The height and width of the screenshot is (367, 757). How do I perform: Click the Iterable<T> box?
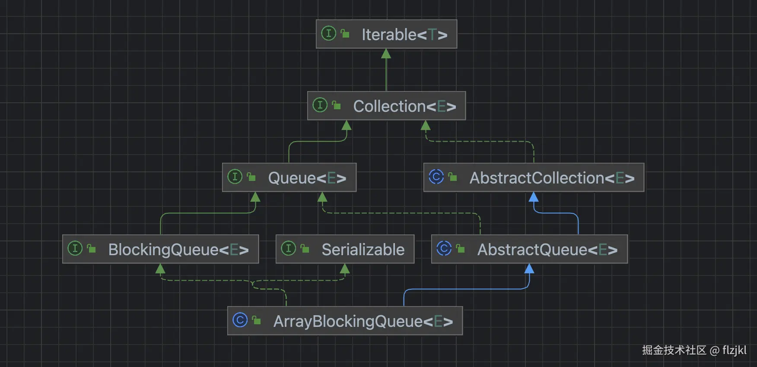pyautogui.click(x=386, y=34)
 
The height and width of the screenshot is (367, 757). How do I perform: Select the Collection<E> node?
pyautogui.click(x=386, y=106)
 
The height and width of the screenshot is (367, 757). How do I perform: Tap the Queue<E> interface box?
pyautogui.click(x=289, y=177)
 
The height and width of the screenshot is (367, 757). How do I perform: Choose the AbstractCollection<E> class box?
pyautogui.click(x=534, y=177)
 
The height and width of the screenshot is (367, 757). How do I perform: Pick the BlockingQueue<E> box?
pyautogui.click(x=160, y=249)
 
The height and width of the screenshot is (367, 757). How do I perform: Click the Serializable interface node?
pyautogui.click(x=345, y=249)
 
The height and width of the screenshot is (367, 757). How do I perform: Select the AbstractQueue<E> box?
pyautogui.click(x=529, y=249)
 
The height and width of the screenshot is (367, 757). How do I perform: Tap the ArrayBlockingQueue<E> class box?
pyautogui.click(x=345, y=321)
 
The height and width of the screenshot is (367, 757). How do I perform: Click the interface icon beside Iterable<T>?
pyautogui.click(x=328, y=33)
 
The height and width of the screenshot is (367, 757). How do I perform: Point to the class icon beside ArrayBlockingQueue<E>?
pyautogui.click(x=240, y=320)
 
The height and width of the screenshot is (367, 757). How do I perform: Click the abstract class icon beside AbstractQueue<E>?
pyautogui.click(x=444, y=248)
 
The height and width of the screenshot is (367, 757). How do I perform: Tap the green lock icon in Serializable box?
pyautogui.click(x=305, y=249)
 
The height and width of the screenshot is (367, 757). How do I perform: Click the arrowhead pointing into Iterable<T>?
pyautogui.click(x=386, y=54)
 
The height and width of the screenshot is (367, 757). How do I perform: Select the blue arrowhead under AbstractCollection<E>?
pyautogui.click(x=534, y=197)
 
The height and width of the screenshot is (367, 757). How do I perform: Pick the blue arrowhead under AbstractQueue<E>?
pyautogui.click(x=529, y=269)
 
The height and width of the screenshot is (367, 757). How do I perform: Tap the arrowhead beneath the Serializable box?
pyautogui.click(x=345, y=269)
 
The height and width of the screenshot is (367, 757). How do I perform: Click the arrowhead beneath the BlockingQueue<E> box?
pyautogui.click(x=160, y=269)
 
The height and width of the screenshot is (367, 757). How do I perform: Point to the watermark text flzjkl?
pyautogui.click(x=734, y=350)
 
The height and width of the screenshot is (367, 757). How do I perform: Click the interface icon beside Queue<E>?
pyautogui.click(x=235, y=177)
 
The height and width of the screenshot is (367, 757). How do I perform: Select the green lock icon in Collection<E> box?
pyautogui.click(x=337, y=105)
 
